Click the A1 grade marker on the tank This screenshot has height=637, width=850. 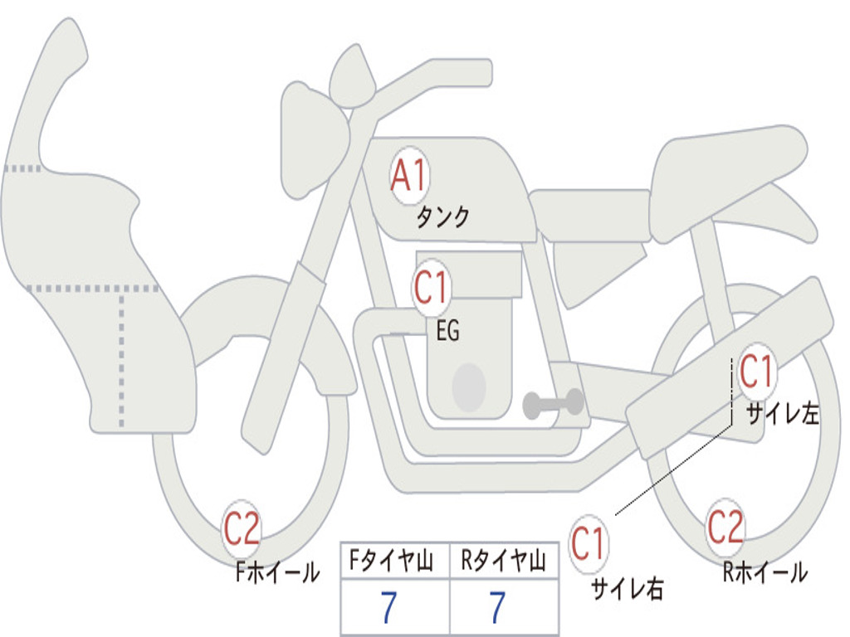[x=408, y=177]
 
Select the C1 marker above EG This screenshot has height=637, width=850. [x=431, y=288]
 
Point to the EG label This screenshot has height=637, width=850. [x=447, y=332]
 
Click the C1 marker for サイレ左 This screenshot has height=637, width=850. [x=756, y=371]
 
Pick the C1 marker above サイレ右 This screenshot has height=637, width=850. [x=588, y=544]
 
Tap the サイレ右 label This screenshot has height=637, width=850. [x=627, y=588]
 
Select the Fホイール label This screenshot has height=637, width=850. [x=277, y=571]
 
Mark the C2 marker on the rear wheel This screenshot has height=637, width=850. [x=725, y=527]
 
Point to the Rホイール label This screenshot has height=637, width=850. [x=765, y=571]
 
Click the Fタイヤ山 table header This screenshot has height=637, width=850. [x=393, y=562]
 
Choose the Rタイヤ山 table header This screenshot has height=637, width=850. [x=503, y=562]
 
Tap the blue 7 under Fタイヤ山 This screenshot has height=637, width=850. [x=388, y=608]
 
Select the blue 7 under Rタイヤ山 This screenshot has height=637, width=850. [x=497, y=608]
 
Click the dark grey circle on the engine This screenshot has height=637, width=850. [x=469, y=387]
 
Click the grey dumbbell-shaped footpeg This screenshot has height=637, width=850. [x=554, y=403]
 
